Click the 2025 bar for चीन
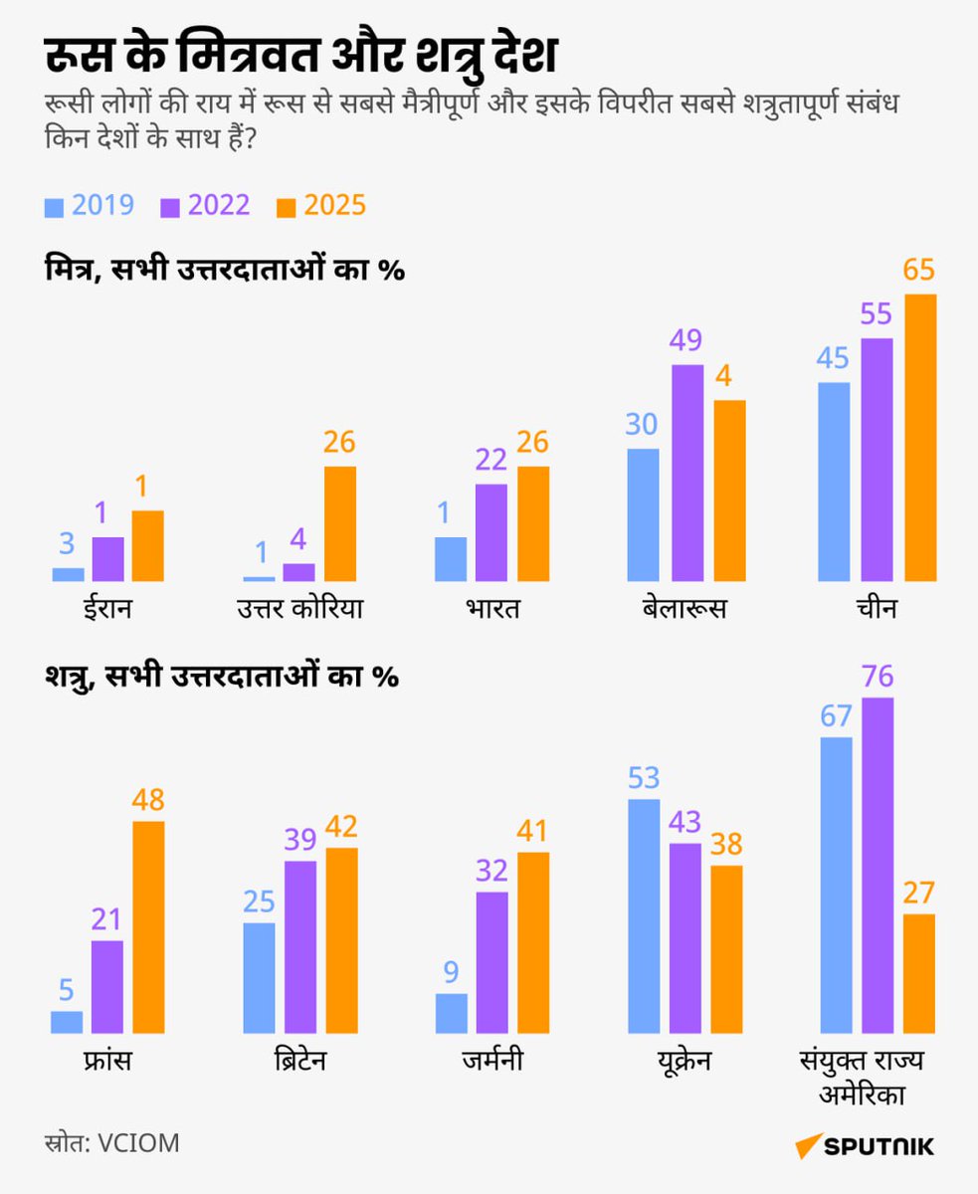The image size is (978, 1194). (920, 438)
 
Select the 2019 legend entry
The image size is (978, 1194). (91, 206)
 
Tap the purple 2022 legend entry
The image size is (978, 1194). (206, 206)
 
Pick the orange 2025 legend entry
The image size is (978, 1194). (321, 206)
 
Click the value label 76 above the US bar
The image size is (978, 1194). (878, 678)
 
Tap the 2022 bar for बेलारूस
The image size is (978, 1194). (686, 473)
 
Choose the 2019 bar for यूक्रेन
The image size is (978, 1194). (644, 915)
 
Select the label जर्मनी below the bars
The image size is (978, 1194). (491, 1061)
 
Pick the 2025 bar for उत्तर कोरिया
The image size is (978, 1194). (339, 523)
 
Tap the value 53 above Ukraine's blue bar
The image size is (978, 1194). (644, 779)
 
